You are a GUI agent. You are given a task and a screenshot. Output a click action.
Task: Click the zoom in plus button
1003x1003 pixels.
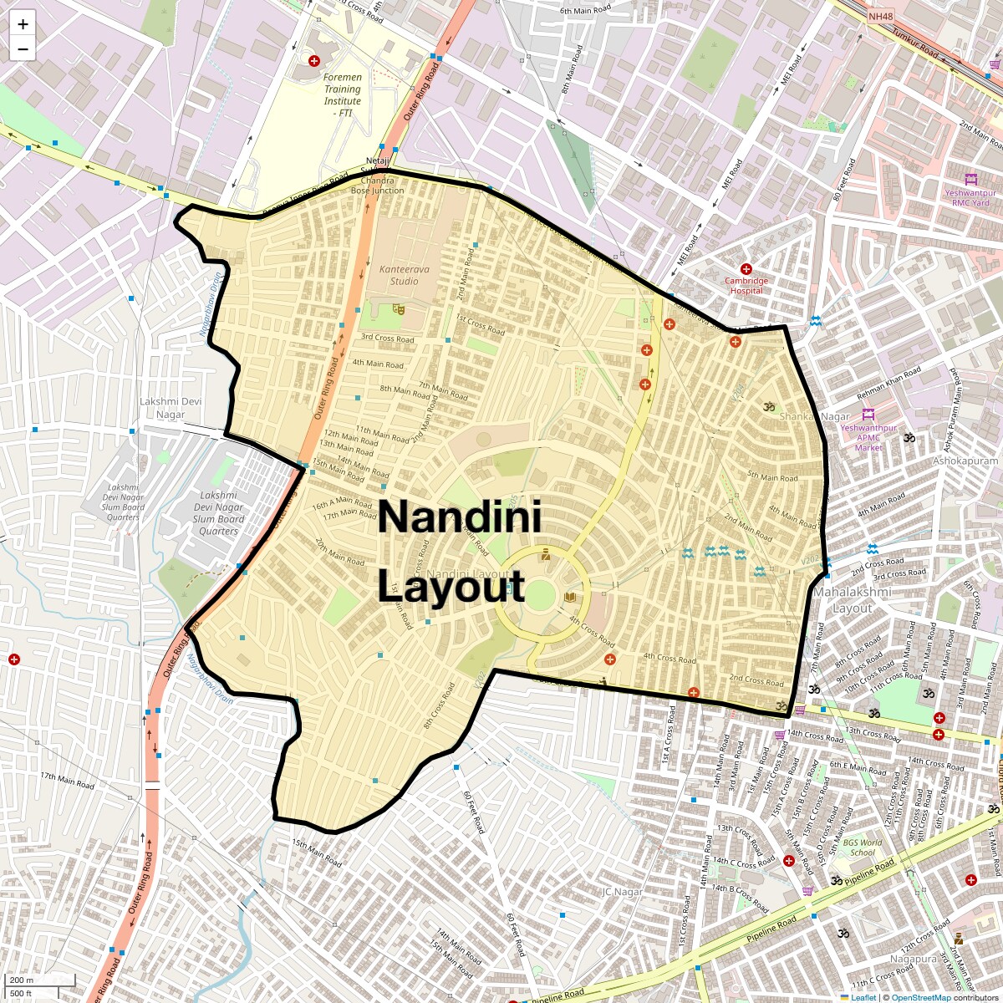tap(23, 24)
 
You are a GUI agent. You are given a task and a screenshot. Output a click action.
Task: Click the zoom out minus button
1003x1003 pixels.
tap(23, 49)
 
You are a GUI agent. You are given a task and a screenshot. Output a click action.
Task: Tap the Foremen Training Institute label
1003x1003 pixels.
tap(343, 94)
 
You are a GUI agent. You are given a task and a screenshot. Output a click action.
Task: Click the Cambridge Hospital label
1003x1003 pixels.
tap(746, 285)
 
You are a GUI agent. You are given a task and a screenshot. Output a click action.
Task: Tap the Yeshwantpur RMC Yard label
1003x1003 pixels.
tap(967, 197)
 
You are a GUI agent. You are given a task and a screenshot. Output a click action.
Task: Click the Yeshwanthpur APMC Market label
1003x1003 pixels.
tap(868, 437)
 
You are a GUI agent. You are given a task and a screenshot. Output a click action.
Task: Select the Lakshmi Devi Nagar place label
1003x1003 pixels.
tap(171, 408)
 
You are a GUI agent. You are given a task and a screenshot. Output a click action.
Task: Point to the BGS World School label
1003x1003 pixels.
tap(862, 848)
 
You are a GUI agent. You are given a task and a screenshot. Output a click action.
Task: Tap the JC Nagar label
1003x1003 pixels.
tap(622, 892)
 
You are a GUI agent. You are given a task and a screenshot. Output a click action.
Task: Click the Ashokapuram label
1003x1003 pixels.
tap(965, 461)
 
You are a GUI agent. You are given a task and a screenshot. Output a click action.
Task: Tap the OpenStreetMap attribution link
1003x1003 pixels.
tap(921, 997)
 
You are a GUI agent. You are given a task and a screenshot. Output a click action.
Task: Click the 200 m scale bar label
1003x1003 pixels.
tap(22, 980)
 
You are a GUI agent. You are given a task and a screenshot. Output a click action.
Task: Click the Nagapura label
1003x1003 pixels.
tap(913, 960)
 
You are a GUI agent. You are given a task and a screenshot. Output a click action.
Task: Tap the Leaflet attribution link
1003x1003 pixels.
tap(863, 997)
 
